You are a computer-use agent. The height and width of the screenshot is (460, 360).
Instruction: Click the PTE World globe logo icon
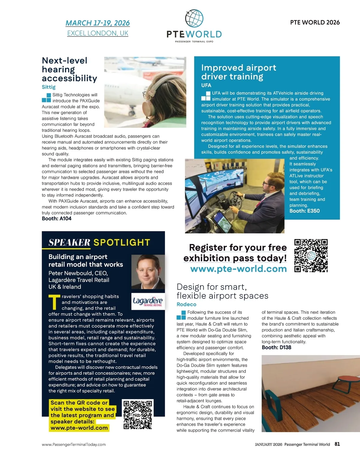point(194,19)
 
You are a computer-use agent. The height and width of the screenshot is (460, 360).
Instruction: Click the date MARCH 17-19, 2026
point(97,23)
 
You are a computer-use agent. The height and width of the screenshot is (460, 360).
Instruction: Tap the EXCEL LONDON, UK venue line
point(97,33)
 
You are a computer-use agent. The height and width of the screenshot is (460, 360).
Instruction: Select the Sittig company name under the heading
point(49,87)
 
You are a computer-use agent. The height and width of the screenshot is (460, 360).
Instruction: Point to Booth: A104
point(57,219)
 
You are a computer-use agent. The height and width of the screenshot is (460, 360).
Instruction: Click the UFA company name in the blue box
point(206,85)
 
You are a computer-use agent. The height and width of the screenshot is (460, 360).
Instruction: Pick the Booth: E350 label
point(304,211)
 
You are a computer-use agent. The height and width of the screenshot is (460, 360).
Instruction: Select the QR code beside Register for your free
point(311,255)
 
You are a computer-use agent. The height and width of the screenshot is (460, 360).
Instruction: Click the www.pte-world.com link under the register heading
point(238,269)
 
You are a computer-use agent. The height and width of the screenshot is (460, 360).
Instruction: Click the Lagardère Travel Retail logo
point(148,301)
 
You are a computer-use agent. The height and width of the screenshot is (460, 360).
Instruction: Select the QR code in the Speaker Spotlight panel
point(138,415)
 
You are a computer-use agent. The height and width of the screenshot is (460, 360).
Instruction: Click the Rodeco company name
point(186,304)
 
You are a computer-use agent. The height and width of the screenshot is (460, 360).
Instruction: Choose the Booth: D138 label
point(276,348)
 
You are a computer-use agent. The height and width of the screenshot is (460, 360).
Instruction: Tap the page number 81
point(337,444)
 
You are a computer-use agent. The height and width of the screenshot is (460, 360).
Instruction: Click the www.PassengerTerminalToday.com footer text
point(74,444)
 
